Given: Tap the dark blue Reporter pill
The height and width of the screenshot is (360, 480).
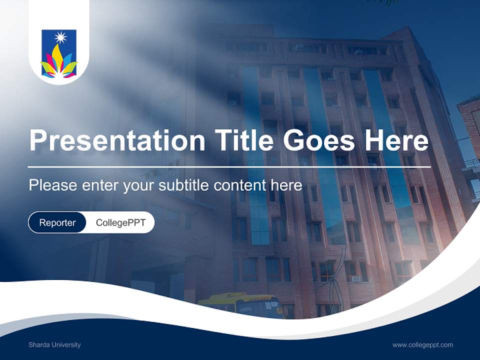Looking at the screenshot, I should (x=57, y=222).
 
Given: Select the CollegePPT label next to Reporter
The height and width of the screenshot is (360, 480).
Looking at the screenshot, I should (x=120, y=222).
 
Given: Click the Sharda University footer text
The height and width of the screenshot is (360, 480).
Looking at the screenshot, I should (x=54, y=344).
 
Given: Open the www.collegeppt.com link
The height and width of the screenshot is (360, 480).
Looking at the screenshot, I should (x=422, y=344).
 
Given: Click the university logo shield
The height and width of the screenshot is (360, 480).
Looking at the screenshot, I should (x=59, y=54).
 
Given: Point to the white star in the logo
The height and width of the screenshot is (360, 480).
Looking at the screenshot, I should (x=60, y=37).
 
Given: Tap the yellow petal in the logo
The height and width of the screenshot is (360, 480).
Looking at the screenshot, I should (x=59, y=57).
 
